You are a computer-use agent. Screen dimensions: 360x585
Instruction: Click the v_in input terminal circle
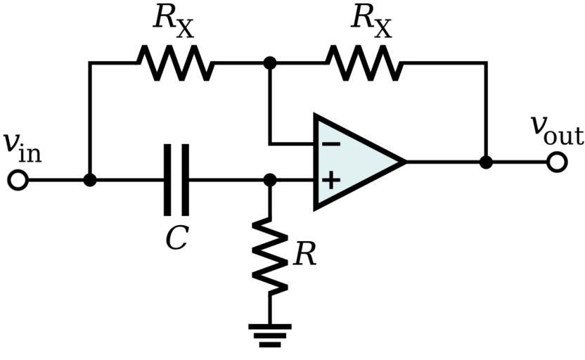pos(18,180)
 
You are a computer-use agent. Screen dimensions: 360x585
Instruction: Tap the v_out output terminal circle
pos(556,162)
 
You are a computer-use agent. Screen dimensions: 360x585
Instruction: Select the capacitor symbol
pos(176,180)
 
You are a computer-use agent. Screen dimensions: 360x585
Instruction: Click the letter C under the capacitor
pos(176,239)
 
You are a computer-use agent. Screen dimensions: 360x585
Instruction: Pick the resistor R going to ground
pos(269,255)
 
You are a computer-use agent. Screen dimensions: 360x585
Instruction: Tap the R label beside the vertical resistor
pos(304,255)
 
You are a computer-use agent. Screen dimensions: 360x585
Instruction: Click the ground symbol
pos(269,334)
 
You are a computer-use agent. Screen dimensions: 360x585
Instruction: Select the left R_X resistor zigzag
pos(174,63)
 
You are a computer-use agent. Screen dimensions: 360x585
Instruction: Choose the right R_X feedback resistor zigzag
pos(364,63)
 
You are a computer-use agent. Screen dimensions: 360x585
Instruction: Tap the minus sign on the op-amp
pos(331,144)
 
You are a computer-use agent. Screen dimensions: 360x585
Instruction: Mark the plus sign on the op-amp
pos(331,180)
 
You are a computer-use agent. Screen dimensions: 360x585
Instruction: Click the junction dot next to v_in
pos(89,180)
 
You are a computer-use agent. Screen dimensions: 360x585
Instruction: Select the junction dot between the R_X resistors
pos(269,63)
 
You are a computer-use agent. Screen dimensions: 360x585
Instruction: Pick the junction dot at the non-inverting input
pos(269,180)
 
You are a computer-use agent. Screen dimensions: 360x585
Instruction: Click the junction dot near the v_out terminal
pos(485,162)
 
